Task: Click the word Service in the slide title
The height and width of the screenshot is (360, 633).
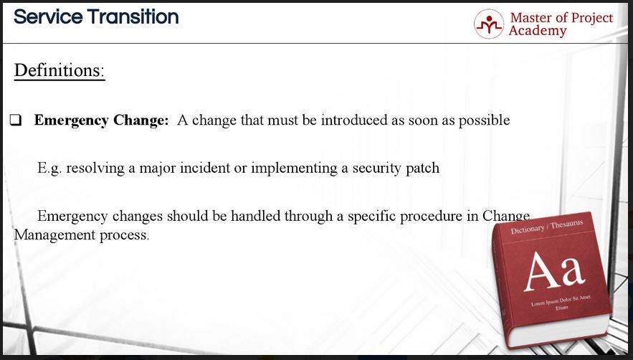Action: (47, 17)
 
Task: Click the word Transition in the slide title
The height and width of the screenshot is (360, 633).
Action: (133, 17)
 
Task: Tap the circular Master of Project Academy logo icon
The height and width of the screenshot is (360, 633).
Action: (489, 24)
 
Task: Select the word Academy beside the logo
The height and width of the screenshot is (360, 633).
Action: (538, 31)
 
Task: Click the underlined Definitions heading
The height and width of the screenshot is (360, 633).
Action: (60, 70)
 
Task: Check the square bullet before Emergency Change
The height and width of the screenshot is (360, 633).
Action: (16, 120)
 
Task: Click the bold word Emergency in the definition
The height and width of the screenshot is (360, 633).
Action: (72, 120)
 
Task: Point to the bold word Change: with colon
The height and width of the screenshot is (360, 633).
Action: (141, 120)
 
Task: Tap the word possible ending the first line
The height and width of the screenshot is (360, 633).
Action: (484, 120)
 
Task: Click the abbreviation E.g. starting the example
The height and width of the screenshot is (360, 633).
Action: (49, 168)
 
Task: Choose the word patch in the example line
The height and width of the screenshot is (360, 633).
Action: (422, 168)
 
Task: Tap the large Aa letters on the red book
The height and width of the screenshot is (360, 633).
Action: (554, 270)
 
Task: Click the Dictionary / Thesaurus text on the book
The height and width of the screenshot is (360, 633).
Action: (546, 227)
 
